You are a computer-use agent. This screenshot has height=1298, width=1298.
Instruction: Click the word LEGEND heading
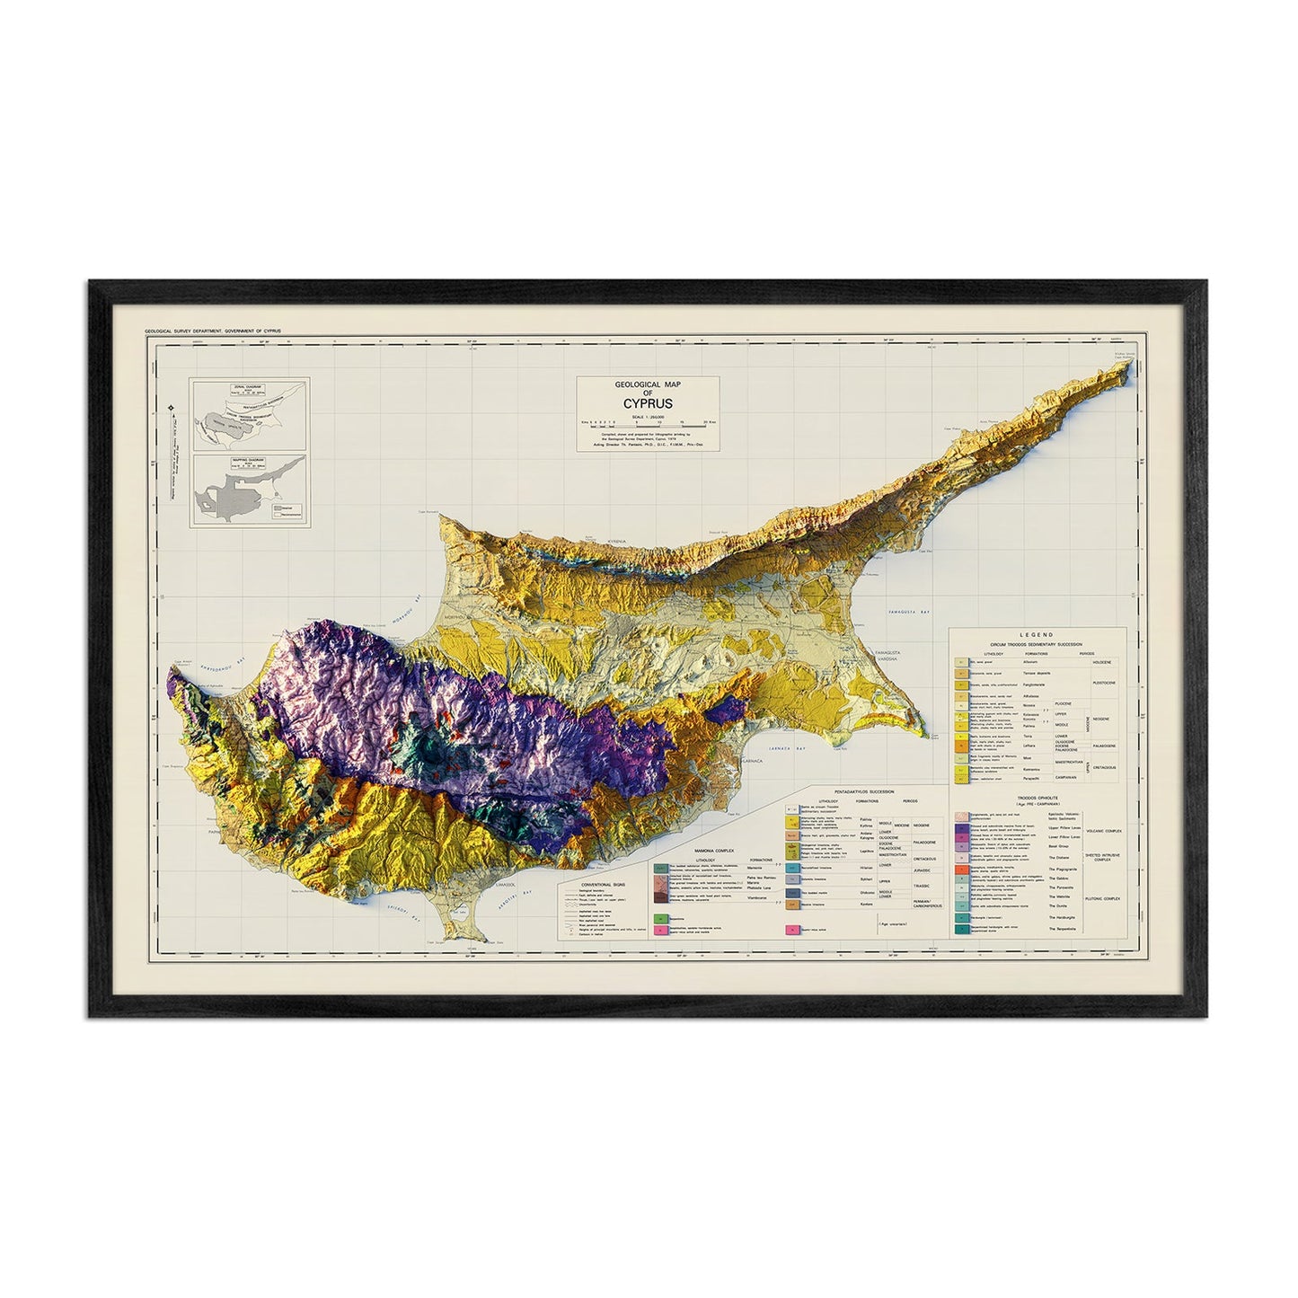(x=1036, y=634)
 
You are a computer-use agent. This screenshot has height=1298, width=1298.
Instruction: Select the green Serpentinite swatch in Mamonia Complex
(x=662, y=919)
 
